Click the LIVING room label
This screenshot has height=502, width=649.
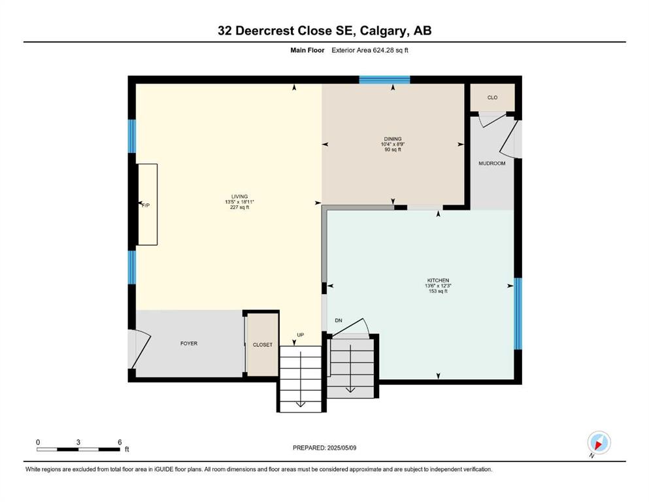240,197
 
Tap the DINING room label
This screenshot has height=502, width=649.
393,139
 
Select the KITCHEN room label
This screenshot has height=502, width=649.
439,280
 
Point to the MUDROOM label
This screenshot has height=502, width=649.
492,163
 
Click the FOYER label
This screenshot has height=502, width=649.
189,344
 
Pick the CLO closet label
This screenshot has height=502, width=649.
493,97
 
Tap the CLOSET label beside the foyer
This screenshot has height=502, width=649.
263,344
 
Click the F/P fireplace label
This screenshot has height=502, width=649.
146,205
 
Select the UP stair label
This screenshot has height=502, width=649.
301,335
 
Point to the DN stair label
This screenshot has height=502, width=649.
339,321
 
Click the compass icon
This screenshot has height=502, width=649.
599,443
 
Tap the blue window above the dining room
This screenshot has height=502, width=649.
384,80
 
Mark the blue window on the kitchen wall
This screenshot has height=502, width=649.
518,314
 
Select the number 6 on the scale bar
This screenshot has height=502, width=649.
120,442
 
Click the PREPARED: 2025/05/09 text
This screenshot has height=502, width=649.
324,448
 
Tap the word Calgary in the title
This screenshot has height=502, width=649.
383,31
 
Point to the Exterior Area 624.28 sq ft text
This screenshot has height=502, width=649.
370,50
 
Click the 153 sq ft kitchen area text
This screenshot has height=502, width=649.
439,291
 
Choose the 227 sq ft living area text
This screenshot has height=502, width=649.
240,207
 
